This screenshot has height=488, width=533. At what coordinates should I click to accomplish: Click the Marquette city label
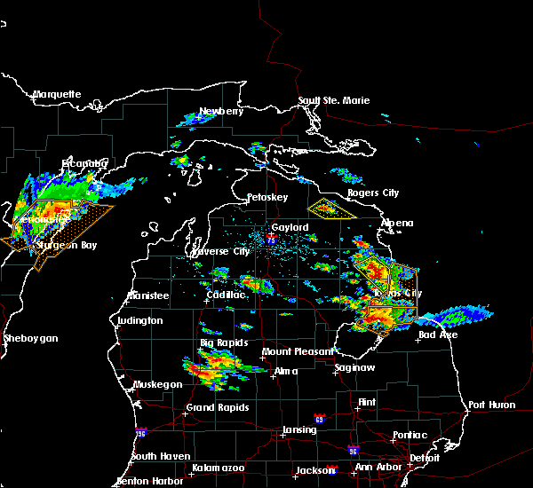(57, 94)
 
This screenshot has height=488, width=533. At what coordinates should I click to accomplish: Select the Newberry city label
(220, 111)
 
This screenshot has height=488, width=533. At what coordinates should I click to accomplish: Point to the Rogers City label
(373, 193)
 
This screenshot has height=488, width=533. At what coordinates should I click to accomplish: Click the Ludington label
(139, 320)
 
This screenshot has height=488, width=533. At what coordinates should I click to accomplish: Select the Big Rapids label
(224, 342)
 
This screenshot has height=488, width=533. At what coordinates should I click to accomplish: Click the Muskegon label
(156, 384)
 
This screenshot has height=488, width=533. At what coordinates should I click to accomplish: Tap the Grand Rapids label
(218, 408)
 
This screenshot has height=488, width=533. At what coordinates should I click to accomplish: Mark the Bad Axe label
(438, 335)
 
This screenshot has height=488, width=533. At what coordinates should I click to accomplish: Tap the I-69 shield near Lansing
(318, 418)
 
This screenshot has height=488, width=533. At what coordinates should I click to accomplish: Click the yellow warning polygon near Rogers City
(331, 209)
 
